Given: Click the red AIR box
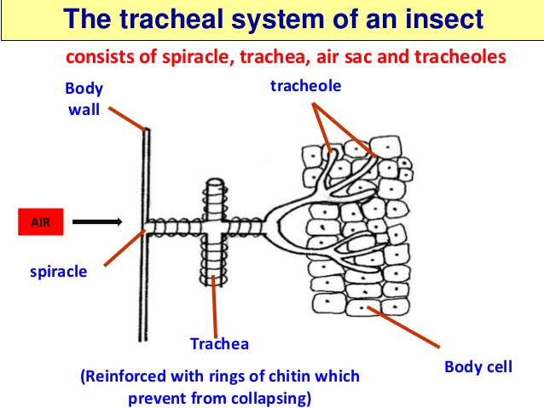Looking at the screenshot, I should [41, 221].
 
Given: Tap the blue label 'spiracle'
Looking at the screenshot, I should [59, 273].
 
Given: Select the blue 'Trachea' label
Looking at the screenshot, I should [219, 344].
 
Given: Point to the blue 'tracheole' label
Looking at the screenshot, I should [304, 86].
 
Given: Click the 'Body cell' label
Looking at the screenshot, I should [478, 368].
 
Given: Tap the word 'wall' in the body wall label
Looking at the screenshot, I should [84, 110].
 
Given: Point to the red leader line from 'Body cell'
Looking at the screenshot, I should [404, 328].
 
